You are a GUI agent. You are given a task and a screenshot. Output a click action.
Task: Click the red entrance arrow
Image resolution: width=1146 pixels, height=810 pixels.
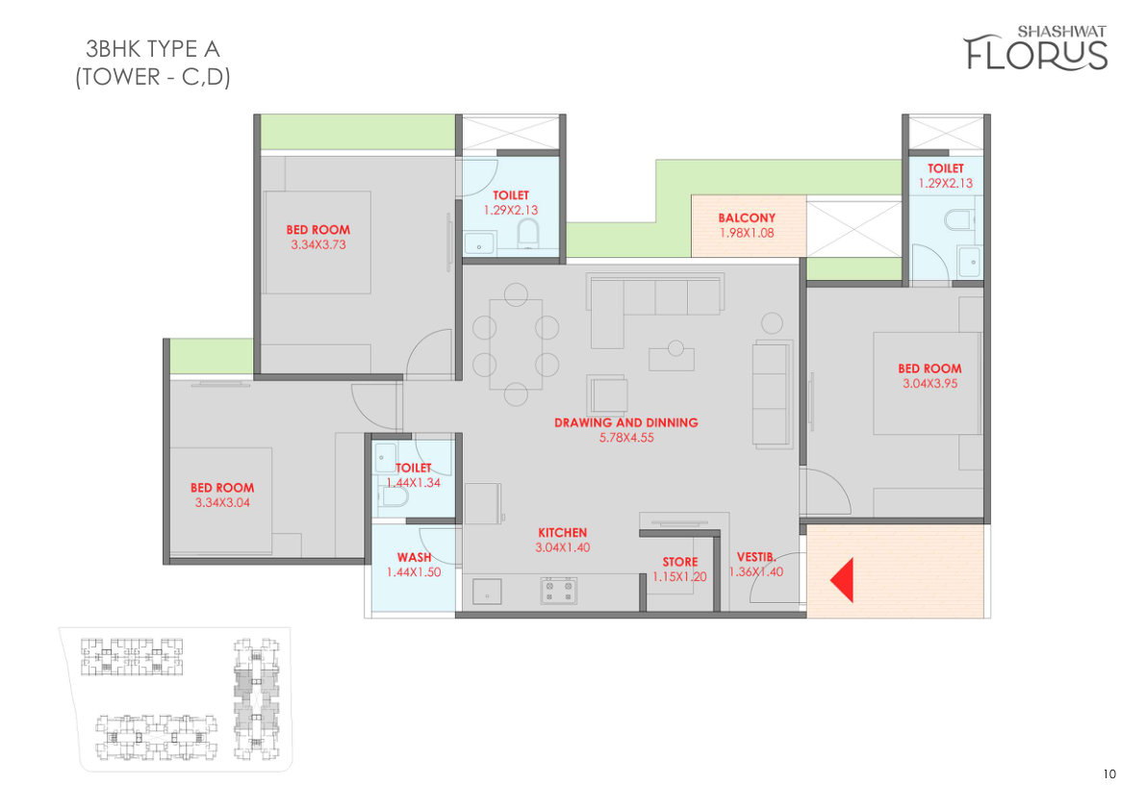[x=843, y=580]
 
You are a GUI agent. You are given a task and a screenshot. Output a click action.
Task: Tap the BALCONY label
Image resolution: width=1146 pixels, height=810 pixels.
[x=747, y=217]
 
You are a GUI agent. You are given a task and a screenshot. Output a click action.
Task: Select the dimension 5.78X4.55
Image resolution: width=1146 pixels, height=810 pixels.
[x=626, y=438]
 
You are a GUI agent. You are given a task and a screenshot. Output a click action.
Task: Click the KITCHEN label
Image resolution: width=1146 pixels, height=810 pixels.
[x=562, y=532]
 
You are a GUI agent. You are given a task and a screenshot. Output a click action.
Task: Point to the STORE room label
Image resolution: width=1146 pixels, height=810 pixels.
[x=679, y=562]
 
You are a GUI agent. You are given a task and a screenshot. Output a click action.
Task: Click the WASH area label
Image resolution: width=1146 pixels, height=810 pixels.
[x=414, y=557]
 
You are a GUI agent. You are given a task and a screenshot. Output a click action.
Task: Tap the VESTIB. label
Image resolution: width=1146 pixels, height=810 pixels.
[x=755, y=557]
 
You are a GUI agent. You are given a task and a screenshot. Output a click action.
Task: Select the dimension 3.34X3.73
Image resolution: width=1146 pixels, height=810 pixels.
[x=318, y=244]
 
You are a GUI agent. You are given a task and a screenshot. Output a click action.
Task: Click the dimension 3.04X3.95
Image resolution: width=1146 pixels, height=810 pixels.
[x=930, y=384]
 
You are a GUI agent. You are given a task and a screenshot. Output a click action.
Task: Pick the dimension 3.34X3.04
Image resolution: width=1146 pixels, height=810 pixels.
[x=222, y=502]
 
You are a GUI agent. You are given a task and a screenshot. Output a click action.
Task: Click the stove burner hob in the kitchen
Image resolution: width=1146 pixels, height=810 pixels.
[x=558, y=590]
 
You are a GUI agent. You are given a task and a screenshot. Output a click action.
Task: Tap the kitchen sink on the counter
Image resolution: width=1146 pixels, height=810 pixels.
[x=487, y=591]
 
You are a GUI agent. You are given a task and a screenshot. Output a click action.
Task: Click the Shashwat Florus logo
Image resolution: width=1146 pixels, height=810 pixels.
[x=1035, y=48]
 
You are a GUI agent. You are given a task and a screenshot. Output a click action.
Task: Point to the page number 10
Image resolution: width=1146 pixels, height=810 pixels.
[x=1109, y=774]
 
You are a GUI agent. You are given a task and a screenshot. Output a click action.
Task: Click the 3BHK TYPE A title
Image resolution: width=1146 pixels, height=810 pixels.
[x=152, y=49]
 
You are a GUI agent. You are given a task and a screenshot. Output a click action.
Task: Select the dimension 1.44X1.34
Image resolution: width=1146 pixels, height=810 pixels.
[x=413, y=482]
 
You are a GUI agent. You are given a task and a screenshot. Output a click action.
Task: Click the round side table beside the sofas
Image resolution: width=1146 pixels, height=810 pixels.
[x=772, y=323]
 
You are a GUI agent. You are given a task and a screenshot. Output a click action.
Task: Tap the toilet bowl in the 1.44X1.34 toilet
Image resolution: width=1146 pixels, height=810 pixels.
[x=393, y=496]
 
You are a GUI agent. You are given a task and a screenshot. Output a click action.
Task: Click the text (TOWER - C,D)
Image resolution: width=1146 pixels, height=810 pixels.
[x=153, y=77]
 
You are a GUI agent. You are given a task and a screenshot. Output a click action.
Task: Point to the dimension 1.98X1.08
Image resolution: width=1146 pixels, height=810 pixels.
[x=747, y=233]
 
